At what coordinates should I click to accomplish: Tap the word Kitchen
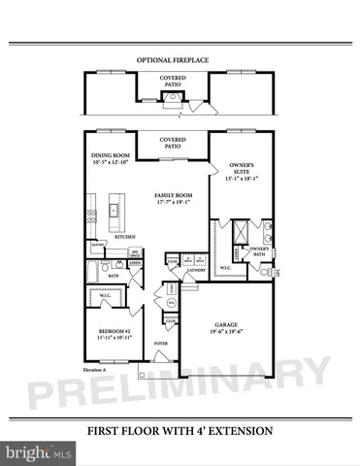coord(125,236)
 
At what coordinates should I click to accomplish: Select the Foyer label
coord(160,343)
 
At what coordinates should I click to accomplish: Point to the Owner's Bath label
coord(259,250)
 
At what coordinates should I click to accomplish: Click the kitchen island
coord(115,209)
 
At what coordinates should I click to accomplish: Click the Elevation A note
coord(94,371)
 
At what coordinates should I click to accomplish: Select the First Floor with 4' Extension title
coord(180,430)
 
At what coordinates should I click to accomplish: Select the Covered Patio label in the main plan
coord(173,142)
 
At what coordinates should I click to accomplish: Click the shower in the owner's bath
coord(236,233)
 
